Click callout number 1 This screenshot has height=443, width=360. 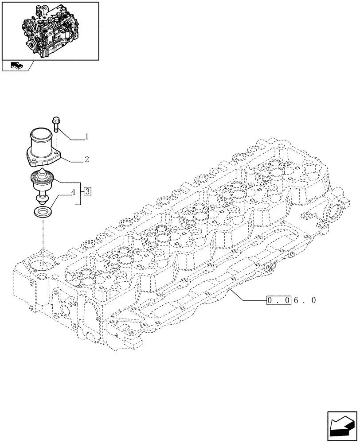point(86,137)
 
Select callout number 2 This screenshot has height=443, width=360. point(86,159)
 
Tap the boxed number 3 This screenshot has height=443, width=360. point(87,191)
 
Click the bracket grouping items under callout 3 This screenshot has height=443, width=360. point(80,193)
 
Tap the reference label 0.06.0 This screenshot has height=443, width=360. point(291,301)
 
